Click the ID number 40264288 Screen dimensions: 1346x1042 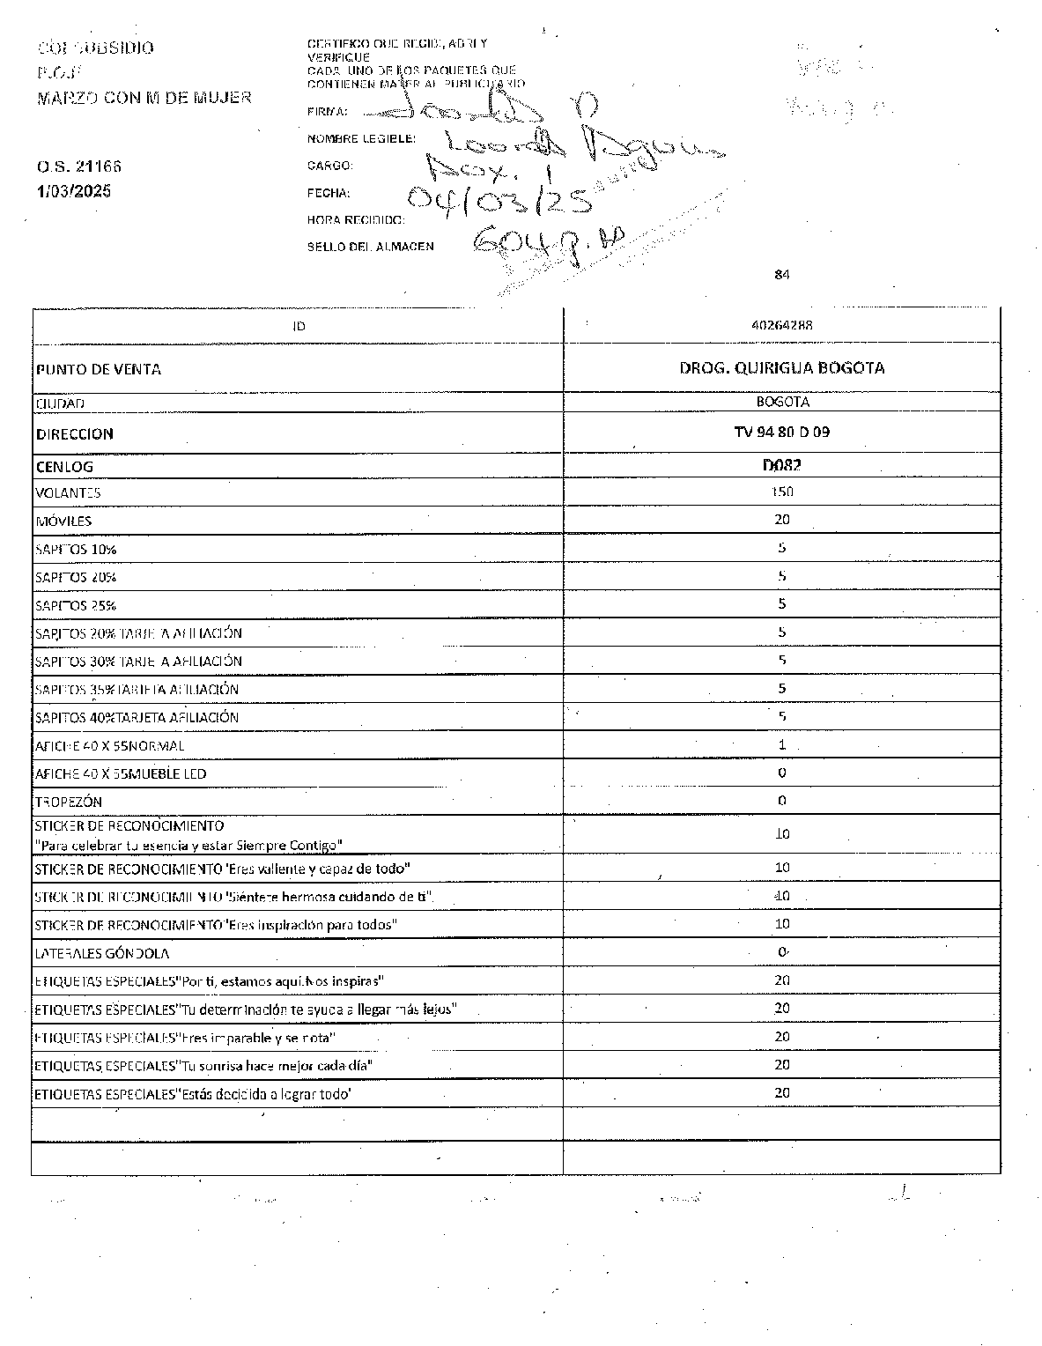coord(781,325)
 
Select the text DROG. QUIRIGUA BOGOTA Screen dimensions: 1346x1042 coord(781,368)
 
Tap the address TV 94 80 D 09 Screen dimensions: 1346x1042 coord(781,433)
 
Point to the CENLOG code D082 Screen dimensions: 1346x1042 coord(781,465)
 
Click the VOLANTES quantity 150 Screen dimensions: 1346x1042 coord(781,492)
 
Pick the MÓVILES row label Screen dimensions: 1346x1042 coord(63,521)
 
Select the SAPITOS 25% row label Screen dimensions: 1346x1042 coord(76,605)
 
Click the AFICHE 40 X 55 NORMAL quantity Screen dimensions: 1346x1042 coord(781,744)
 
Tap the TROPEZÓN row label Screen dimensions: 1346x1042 coord(68,802)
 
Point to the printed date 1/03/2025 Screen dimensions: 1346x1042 coord(74,191)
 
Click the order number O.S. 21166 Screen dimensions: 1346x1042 coord(78,166)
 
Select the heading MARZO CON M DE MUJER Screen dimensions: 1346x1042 coord(144,97)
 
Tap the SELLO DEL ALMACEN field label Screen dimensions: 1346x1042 coord(370,247)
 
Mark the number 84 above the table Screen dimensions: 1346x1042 coord(781,275)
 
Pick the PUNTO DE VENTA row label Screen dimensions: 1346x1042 coord(99,369)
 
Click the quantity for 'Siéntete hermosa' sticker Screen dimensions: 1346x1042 coord(781,896)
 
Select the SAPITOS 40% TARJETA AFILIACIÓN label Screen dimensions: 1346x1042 coord(137,717)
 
